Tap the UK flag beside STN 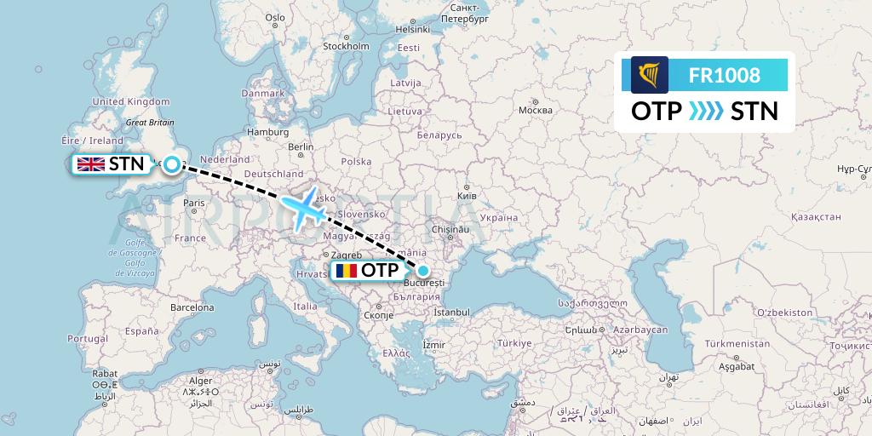tap(90, 164)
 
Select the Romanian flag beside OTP tap(346, 271)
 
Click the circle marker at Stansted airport tap(173, 164)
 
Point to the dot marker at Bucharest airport tap(423, 271)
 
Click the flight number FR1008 tap(725, 75)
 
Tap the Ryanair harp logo tap(650, 75)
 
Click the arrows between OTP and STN tap(706, 111)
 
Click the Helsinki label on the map tap(414, 29)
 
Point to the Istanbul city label tap(451, 313)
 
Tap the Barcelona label tap(192, 307)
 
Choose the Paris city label tap(194, 203)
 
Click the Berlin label tap(301, 146)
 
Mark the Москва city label tap(536, 110)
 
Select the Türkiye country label tap(514, 342)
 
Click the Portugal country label tap(89, 338)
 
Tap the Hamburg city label tap(268, 132)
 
